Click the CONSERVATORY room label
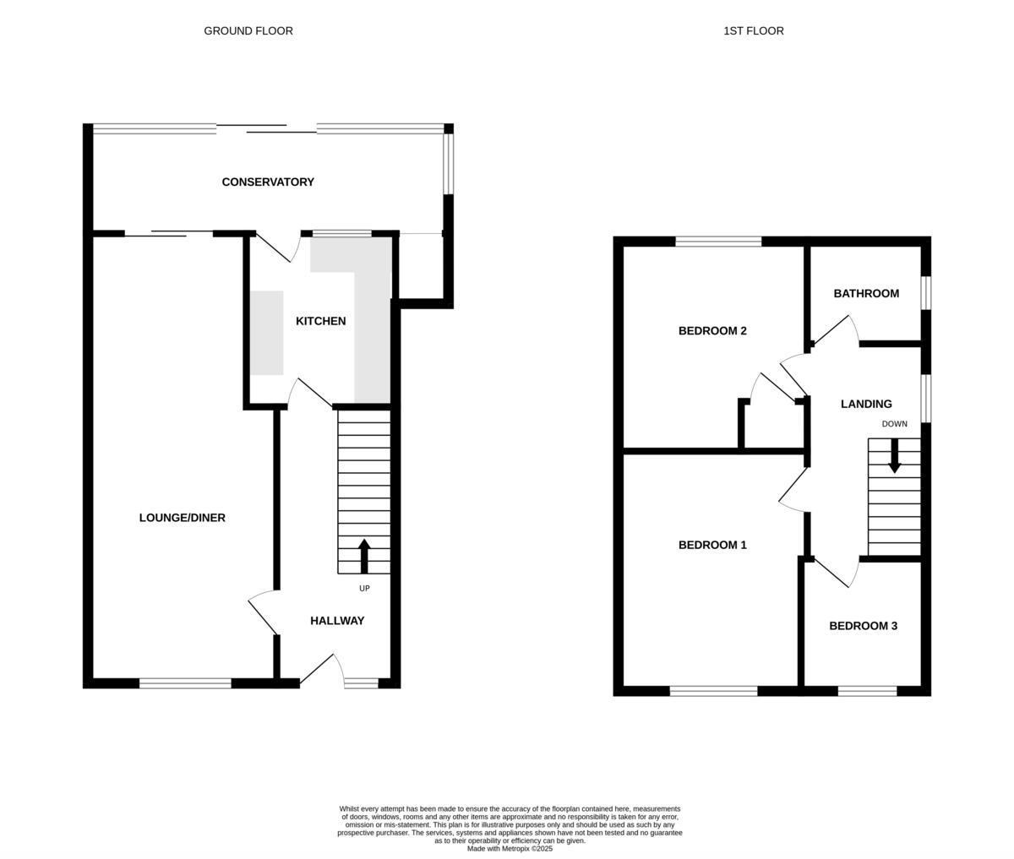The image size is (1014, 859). click(x=268, y=182)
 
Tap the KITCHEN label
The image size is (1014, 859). click(x=320, y=321)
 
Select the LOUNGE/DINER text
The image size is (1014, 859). click(x=182, y=518)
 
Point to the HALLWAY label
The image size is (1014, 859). click(x=337, y=621)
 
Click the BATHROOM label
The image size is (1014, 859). click(x=866, y=294)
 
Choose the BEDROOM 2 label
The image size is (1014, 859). click(x=712, y=331)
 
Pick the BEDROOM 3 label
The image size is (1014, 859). click(x=863, y=626)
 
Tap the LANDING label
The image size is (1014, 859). click(x=866, y=405)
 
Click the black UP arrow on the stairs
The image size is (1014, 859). click(x=364, y=556)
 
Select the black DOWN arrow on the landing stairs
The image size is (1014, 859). click(x=894, y=456)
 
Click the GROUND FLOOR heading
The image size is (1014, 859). click(x=248, y=31)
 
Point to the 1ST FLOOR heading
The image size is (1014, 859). click(x=753, y=31)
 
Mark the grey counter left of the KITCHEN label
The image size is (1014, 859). click(x=266, y=333)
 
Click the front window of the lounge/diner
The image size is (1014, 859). click(x=185, y=683)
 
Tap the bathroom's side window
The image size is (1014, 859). click(x=925, y=293)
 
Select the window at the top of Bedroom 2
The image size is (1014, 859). click(x=718, y=242)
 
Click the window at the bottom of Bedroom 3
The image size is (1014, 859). click(x=867, y=691)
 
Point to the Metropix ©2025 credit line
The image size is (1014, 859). click(x=510, y=849)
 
